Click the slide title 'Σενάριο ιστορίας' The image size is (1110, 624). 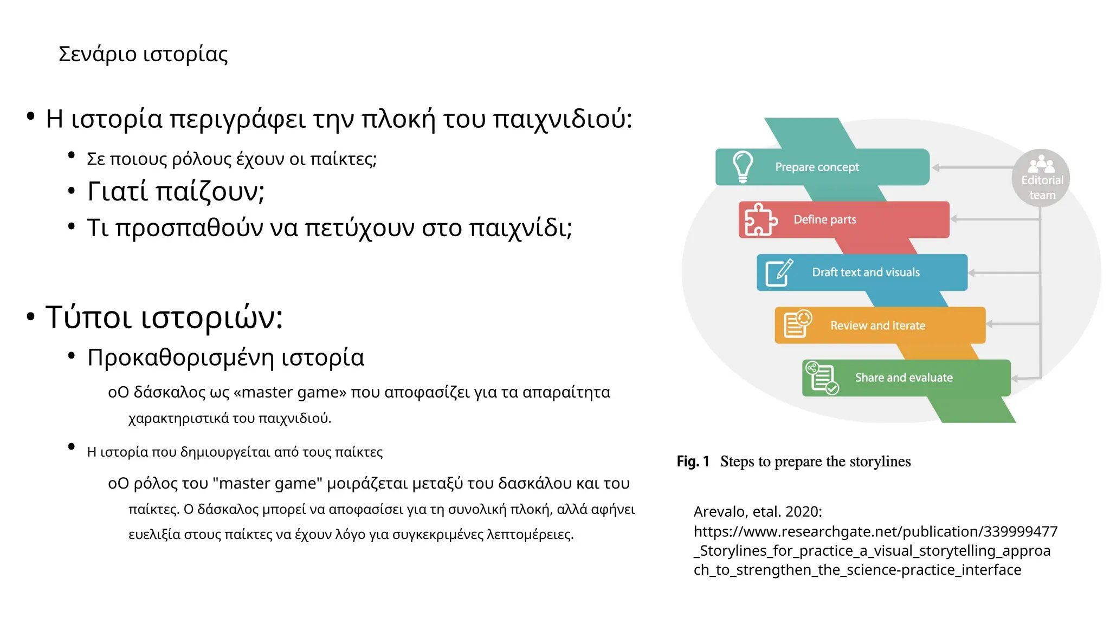tap(143, 54)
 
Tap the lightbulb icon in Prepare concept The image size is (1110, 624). tap(743, 166)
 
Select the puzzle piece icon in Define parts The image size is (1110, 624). tap(760, 219)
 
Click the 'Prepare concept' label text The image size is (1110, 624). tap(817, 167)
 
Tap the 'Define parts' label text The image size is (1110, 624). tap(825, 219)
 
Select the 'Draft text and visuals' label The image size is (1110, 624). tap(866, 272)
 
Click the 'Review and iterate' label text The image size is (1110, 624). tap(877, 326)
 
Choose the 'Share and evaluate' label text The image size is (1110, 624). tap(904, 378)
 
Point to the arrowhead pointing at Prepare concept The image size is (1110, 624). tap(936, 168)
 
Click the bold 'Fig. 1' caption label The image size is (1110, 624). tap(693, 461)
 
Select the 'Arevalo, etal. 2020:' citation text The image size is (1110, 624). tap(757, 511)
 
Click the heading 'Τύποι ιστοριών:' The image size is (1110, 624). tap(164, 317)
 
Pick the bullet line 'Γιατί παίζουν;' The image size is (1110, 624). tap(176, 191)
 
